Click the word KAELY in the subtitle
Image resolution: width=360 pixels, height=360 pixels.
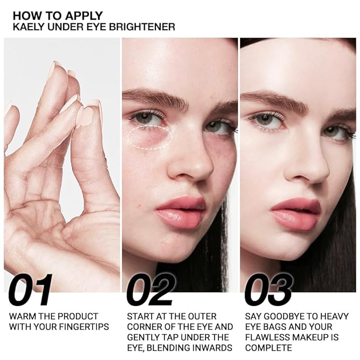(28, 27)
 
